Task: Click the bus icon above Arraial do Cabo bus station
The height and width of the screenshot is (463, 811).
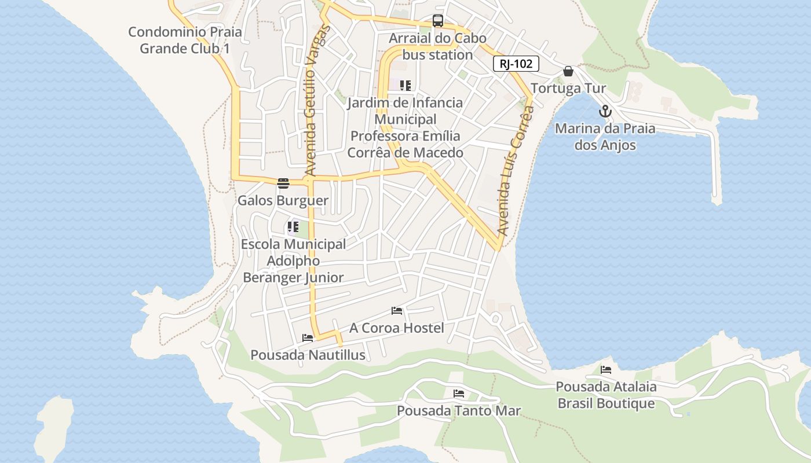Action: coord(438,21)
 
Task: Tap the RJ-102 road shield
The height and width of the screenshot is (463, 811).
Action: coord(516,64)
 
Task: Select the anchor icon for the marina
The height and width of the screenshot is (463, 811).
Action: coord(605,111)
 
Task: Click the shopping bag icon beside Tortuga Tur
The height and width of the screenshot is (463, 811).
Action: coord(568,71)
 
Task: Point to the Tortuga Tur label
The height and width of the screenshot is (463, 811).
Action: coord(568,89)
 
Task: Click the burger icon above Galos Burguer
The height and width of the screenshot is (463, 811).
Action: coord(283,183)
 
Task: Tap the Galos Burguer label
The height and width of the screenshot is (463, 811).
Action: coord(283,201)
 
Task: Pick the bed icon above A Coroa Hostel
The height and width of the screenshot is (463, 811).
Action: coord(397,311)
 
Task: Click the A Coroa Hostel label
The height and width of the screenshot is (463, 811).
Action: coord(397,328)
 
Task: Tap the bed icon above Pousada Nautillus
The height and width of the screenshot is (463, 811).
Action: coord(308,338)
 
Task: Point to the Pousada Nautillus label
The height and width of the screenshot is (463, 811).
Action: coord(308,355)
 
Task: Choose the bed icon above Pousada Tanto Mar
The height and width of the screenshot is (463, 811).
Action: coord(459,394)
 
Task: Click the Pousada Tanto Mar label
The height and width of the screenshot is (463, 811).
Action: coord(459,411)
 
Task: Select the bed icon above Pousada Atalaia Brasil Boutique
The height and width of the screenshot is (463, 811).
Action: coord(606,369)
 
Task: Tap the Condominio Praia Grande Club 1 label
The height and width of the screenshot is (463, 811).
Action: coord(185,40)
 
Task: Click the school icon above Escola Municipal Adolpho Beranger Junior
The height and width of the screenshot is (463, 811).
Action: coord(293,227)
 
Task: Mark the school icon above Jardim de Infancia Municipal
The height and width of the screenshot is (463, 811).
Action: coord(405,86)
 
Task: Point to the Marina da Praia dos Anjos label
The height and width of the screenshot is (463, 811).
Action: coord(605,137)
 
